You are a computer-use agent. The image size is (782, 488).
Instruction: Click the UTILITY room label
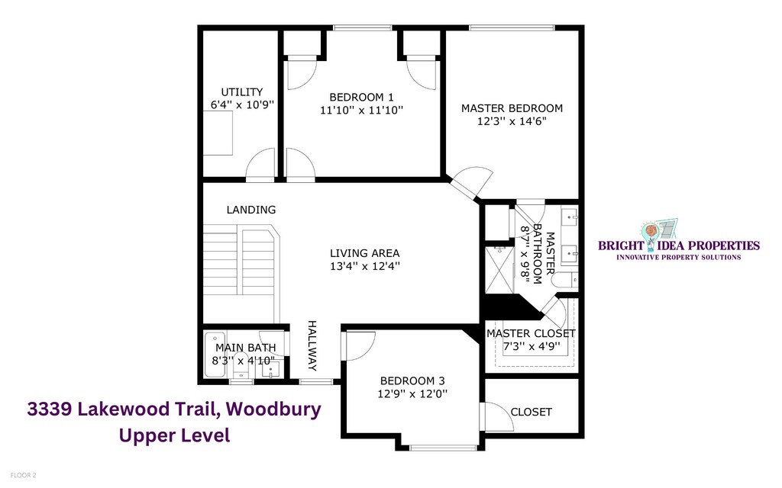(x=242, y=92)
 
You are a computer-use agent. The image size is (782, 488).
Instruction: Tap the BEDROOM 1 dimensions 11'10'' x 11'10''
(x=361, y=110)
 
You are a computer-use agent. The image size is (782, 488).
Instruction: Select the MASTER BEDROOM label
(x=512, y=108)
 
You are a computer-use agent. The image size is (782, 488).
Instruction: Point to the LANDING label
(x=250, y=210)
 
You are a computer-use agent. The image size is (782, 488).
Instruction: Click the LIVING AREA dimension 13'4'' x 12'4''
(x=365, y=266)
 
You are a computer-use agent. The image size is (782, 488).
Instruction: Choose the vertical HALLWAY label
(x=312, y=345)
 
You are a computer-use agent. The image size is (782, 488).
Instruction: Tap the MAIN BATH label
(x=245, y=348)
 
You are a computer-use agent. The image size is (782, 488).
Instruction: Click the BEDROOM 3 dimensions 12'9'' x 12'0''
(x=412, y=394)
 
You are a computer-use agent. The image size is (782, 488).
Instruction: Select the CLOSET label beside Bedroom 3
(x=532, y=412)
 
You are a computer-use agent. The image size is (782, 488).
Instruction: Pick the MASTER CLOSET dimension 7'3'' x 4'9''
(x=532, y=346)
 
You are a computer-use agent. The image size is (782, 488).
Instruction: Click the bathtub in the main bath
(x=215, y=354)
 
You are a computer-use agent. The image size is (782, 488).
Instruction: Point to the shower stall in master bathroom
(x=499, y=269)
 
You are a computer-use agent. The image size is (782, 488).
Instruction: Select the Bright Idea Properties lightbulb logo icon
(x=651, y=235)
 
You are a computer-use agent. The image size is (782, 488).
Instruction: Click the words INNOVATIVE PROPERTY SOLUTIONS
(x=679, y=258)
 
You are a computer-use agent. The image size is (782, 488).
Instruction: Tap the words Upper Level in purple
(x=175, y=435)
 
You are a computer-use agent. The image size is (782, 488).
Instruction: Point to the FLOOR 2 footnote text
(x=23, y=476)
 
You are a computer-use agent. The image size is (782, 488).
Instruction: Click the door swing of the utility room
(x=260, y=163)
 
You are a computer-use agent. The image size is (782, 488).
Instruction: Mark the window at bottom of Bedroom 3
(x=444, y=447)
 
